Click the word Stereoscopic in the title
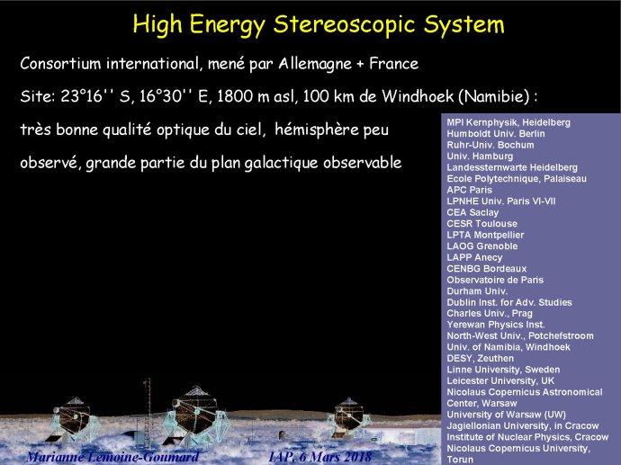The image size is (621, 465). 345,24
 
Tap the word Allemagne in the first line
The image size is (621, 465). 315,64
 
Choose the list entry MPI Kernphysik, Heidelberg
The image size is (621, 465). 508,122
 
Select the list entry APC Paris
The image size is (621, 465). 469,190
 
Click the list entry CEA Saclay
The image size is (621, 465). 472,212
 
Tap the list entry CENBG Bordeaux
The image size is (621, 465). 487,269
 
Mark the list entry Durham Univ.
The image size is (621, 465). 477,291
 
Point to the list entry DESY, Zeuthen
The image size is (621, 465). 480,359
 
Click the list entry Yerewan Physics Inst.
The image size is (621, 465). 496,325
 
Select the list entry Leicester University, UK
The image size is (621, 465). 500,381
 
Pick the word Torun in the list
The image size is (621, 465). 460,460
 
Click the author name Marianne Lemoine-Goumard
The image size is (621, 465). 112,457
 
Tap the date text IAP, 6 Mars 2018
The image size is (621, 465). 320,457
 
